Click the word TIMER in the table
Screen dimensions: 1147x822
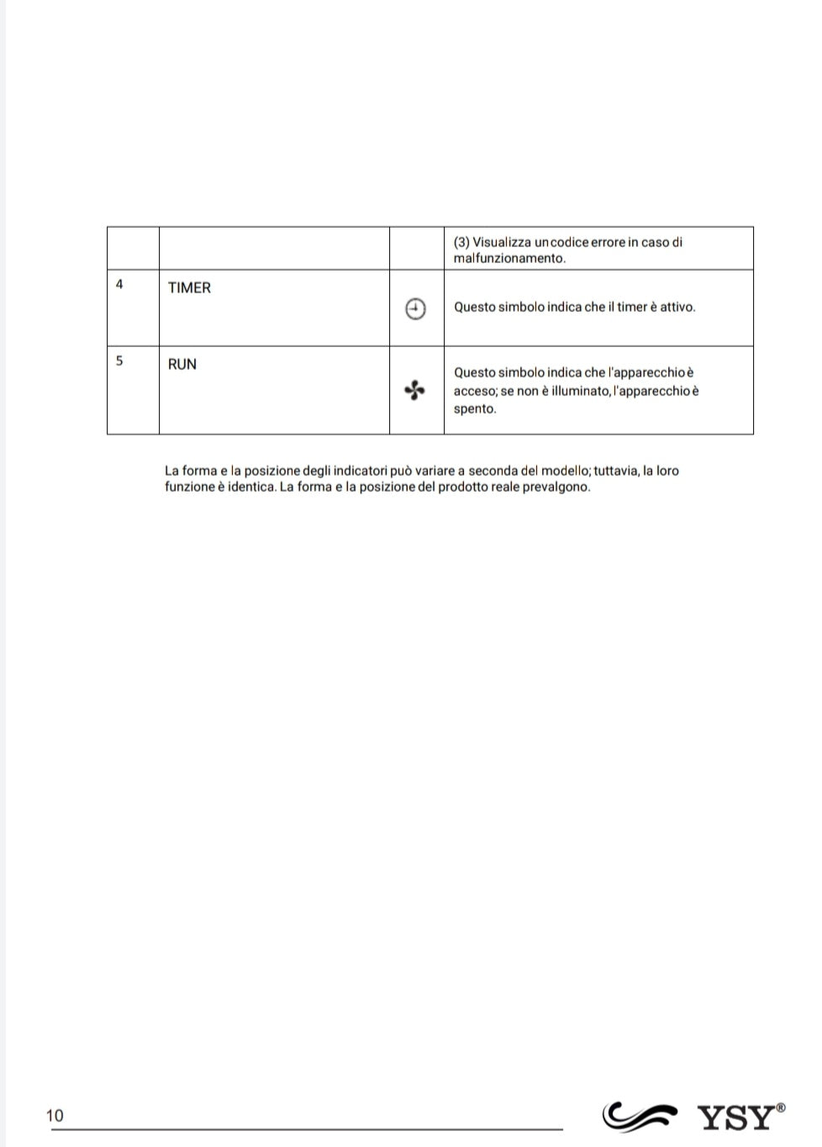(189, 287)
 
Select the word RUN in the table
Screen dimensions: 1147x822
(182, 364)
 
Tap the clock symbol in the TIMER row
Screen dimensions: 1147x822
(415, 309)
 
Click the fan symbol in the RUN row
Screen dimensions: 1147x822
(414, 390)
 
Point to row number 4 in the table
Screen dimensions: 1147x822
(119, 285)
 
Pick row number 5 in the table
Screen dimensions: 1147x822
(119, 360)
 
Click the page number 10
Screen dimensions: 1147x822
(55, 1116)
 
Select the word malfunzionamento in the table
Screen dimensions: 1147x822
(509, 258)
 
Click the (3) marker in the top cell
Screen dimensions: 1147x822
(461, 242)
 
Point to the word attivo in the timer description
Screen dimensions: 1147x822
(677, 307)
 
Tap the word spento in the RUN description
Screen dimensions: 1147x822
(475, 408)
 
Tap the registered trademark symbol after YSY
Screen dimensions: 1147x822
(782, 1108)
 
